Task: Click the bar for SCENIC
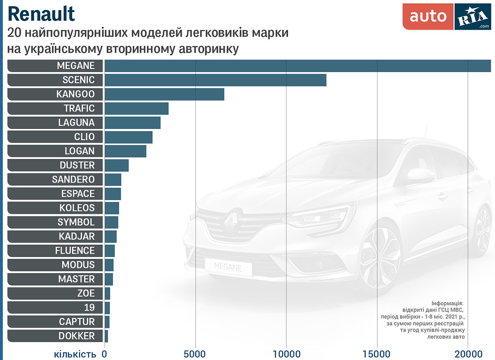[x=215, y=80]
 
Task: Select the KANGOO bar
[x=164, y=94]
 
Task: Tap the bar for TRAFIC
[x=136, y=108]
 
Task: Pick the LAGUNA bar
[x=132, y=123]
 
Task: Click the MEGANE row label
[x=76, y=66]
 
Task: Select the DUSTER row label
[x=77, y=165]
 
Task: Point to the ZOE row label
[x=86, y=293]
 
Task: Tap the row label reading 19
[x=89, y=307]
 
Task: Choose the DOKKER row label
[x=77, y=336]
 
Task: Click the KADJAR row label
[x=77, y=236]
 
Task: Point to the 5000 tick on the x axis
[x=195, y=353]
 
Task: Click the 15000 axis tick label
[x=377, y=353]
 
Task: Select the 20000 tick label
[x=468, y=353]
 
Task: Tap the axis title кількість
[x=75, y=353]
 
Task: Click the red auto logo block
[x=428, y=17]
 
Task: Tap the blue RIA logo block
[x=472, y=17]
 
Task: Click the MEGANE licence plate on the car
[x=227, y=267]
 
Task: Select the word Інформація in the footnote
[x=448, y=304]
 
